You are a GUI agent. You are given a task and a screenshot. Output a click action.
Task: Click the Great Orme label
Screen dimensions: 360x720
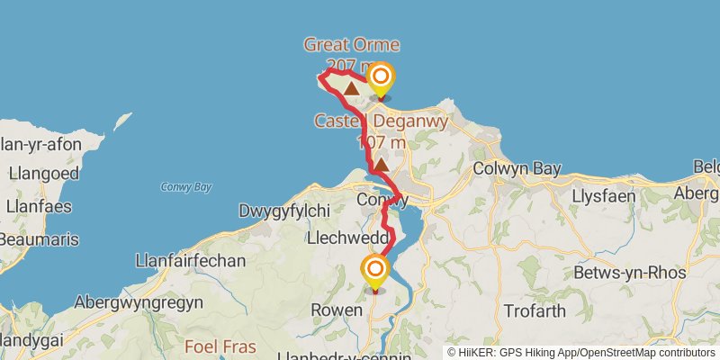pos(351,45)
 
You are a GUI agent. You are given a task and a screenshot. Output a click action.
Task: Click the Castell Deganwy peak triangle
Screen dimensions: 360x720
pos(382,165)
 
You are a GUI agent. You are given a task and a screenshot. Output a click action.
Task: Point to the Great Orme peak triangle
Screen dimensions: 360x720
pos(350,88)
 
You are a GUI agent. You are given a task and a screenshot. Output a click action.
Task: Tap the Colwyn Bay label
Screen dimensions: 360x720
pos(517,169)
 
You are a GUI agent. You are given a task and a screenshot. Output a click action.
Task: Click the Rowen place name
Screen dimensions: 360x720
pos(336,310)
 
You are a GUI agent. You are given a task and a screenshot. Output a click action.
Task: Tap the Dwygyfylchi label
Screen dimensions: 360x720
pos(284,211)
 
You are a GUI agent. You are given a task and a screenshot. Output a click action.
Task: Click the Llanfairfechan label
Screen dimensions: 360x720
pos(190,261)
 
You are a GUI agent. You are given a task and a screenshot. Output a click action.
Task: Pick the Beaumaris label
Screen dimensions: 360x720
pos(39,240)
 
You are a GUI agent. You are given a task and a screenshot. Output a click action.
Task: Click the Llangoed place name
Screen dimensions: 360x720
pos(43,174)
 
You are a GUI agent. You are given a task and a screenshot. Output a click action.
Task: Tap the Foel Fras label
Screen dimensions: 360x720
pos(220,346)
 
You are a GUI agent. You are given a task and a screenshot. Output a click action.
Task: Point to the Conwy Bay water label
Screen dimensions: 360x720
pos(186,187)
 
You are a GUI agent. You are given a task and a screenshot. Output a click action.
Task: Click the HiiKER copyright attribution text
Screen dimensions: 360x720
pos(580,353)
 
